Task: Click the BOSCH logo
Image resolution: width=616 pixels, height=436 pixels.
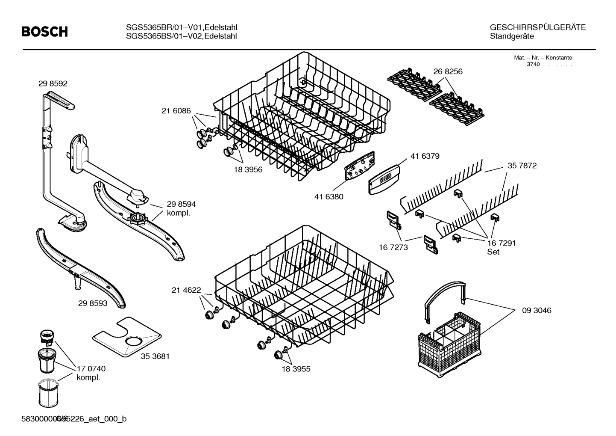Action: [44, 31]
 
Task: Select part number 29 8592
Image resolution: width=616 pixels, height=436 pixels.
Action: [53, 84]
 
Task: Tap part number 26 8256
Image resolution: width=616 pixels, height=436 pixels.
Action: [448, 71]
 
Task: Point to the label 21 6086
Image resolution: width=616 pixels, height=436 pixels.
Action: [176, 111]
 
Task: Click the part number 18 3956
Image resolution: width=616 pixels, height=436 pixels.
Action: [248, 169]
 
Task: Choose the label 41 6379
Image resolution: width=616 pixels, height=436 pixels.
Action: [425, 156]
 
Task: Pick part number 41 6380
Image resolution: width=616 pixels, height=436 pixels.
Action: [329, 197]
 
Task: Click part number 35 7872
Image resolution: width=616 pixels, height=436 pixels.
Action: [522, 166]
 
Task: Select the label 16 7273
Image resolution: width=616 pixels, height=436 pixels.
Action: [393, 247]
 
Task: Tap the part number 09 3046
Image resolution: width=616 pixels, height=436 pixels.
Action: [537, 310]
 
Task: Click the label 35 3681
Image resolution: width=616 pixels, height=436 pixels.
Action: [155, 356]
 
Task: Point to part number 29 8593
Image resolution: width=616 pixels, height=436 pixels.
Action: [93, 303]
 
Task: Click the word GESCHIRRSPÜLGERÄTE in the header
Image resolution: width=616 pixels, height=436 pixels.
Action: [538, 27]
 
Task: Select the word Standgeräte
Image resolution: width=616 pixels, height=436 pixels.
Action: [512, 36]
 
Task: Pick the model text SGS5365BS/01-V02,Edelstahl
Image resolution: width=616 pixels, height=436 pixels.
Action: [182, 36]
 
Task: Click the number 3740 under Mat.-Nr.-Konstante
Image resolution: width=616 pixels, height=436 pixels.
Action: [533, 65]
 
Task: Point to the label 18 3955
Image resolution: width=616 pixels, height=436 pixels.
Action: [296, 369]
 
